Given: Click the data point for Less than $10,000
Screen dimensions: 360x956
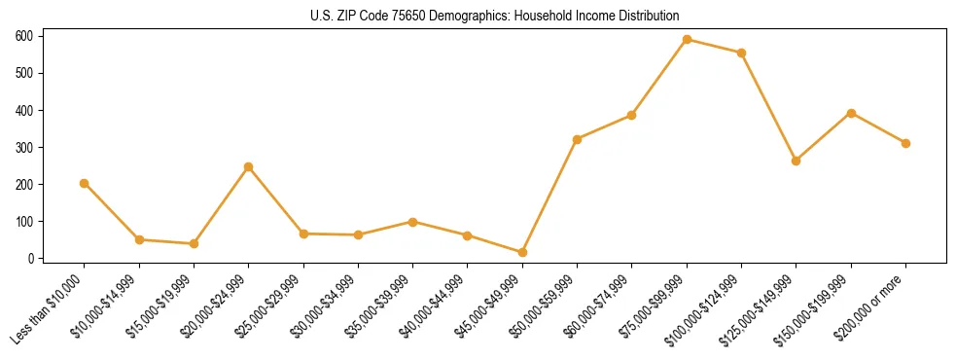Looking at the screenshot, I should pyautogui.click(x=85, y=183).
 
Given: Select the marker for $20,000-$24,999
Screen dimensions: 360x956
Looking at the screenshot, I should pyautogui.click(x=249, y=166).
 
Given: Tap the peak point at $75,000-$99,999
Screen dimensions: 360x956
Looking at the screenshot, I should pyautogui.click(x=687, y=40).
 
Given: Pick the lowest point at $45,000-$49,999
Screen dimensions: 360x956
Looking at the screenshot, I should pyautogui.click(x=522, y=253).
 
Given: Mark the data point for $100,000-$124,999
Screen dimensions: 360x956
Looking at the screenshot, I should pyautogui.click(x=741, y=53).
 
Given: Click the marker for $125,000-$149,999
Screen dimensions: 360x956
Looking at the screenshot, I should pyautogui.click(x=797, y=161).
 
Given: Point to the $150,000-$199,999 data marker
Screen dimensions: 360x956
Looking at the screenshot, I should pyautogui.click(x=851, y=113).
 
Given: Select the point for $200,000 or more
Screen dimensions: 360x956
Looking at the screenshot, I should pyautogui.click(x=905, y=143).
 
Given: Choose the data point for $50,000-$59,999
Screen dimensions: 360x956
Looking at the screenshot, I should pyautogui.click(x=577, y=139).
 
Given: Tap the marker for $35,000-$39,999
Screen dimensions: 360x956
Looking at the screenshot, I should pyautogui.click(x=413, y=222).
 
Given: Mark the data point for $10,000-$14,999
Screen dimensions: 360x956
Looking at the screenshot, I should pyautogui.click(x=139, y=239).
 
